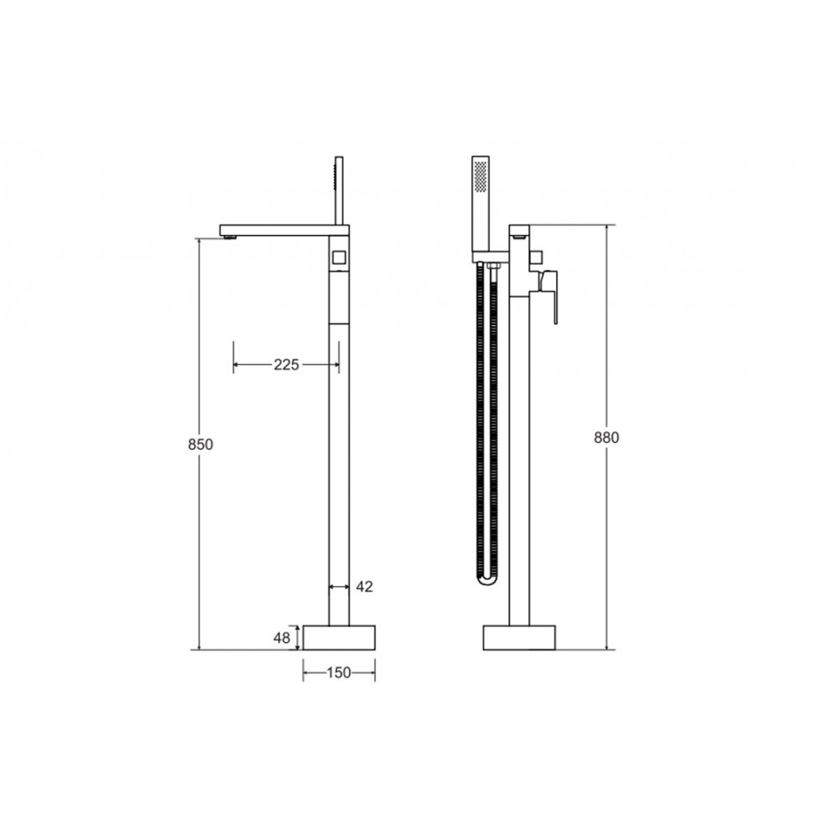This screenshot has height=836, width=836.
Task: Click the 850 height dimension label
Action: click(201, 444)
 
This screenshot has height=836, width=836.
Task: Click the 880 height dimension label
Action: click(607, 437)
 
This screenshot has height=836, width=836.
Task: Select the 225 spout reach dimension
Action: click(286, 364)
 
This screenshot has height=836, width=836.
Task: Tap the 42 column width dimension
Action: click(364, 587)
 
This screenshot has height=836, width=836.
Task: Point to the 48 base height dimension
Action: click(283, 638)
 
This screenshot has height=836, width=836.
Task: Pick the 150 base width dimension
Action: click(339, 673)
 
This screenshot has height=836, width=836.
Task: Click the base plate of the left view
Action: click(339, 638)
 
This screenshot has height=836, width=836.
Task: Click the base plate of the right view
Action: click(519, 638)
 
